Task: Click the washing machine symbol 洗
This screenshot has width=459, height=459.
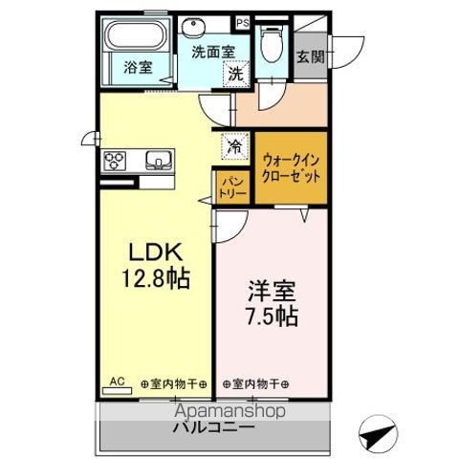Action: pos(234,71)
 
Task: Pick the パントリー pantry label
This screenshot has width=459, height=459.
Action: pos(232,186)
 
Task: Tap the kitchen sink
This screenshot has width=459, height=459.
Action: pos(157,159)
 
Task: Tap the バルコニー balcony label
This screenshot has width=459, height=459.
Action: pos(212,427)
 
